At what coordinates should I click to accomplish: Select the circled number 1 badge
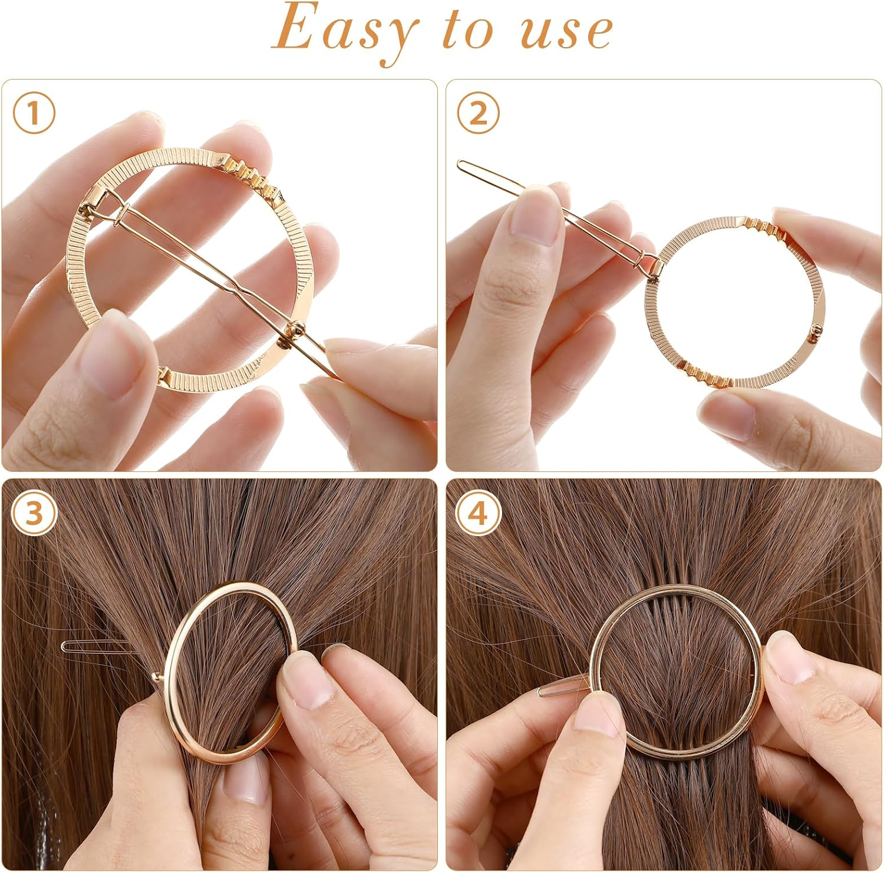click(34, 113)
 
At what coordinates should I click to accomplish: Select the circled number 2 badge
click(479, 113)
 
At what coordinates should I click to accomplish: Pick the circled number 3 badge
click(34, 513)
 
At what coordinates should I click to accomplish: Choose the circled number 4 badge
click(479, 513)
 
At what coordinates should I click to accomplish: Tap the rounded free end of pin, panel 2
click(463, 165)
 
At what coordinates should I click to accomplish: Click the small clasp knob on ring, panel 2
click(816, 331)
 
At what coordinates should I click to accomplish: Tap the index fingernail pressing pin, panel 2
click(534, 216)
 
